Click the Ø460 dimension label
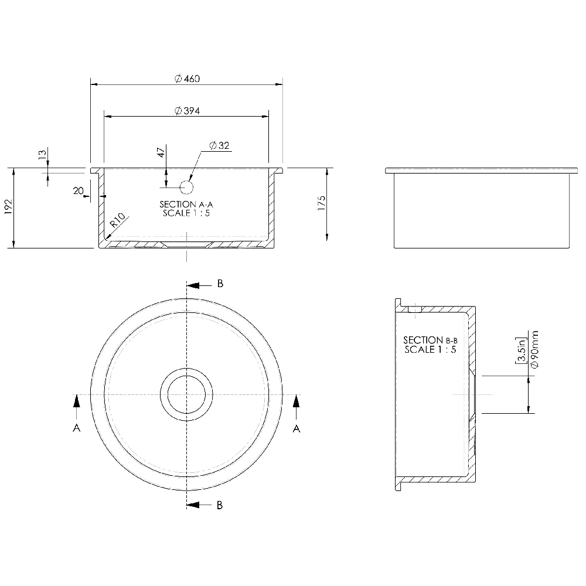pyautogui.click(x=187, y=79)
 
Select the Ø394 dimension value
pyautogui.click(x=187, y=111)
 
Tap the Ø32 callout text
pyautogui.click(x=219, y=145)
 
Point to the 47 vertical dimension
pyautogui.click(x=161, y=154)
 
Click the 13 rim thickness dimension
pyautogui.click(x=42, y=154)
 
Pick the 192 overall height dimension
pyautogui.click(x=8, y=208)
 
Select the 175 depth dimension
pyautogui.click(x=321, y=203)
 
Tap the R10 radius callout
pyautogui.click(x=118, y=221)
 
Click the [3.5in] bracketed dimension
pyautogui.click(x=520, y=350)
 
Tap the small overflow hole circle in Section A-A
pyautogui.click(x=186, y=188)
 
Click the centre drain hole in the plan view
pyautogui.click(x=186, y=394)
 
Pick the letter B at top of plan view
pyautogui.click(x=220, y=284)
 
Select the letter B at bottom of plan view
pyautogui.click(x=219, y=505)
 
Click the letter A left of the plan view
pyautogui.click(x=76, y=429)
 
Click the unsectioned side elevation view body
pyautogui.click(x=481, y=211)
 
